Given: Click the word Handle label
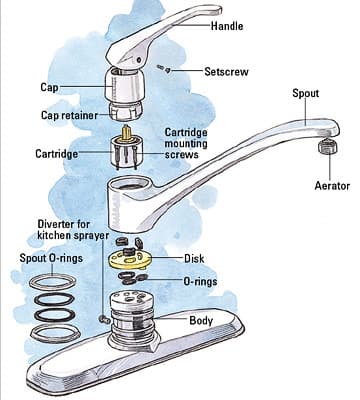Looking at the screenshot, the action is pos(227,26).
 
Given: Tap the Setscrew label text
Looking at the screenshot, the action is pos(226,72).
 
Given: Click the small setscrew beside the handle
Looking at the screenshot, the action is pos(164,69).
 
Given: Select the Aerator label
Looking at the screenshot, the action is pos(332,186).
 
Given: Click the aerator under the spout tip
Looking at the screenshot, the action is pos(328,147).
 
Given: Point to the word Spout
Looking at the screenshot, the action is pos(305,94).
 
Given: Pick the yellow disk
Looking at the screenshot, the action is pos(130,259).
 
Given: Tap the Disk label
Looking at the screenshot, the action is pos(194,258).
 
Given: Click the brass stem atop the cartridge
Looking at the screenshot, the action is pos(126,132).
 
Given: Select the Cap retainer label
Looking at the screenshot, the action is pos(69,115).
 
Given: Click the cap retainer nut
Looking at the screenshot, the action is pos(126,110).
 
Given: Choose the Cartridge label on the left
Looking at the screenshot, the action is pos(57,154).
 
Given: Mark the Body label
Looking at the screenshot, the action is pos(201,320).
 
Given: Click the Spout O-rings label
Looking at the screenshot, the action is pos(51,258).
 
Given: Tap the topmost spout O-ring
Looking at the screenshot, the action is pos(55,282).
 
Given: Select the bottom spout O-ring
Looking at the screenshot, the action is pos(55,332).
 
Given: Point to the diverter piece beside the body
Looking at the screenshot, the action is pos(105,319).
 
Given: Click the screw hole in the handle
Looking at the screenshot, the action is pos(139,60).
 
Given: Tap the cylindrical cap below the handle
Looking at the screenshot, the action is pos(124,84).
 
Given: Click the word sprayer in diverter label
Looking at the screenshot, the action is pos(90,235).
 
